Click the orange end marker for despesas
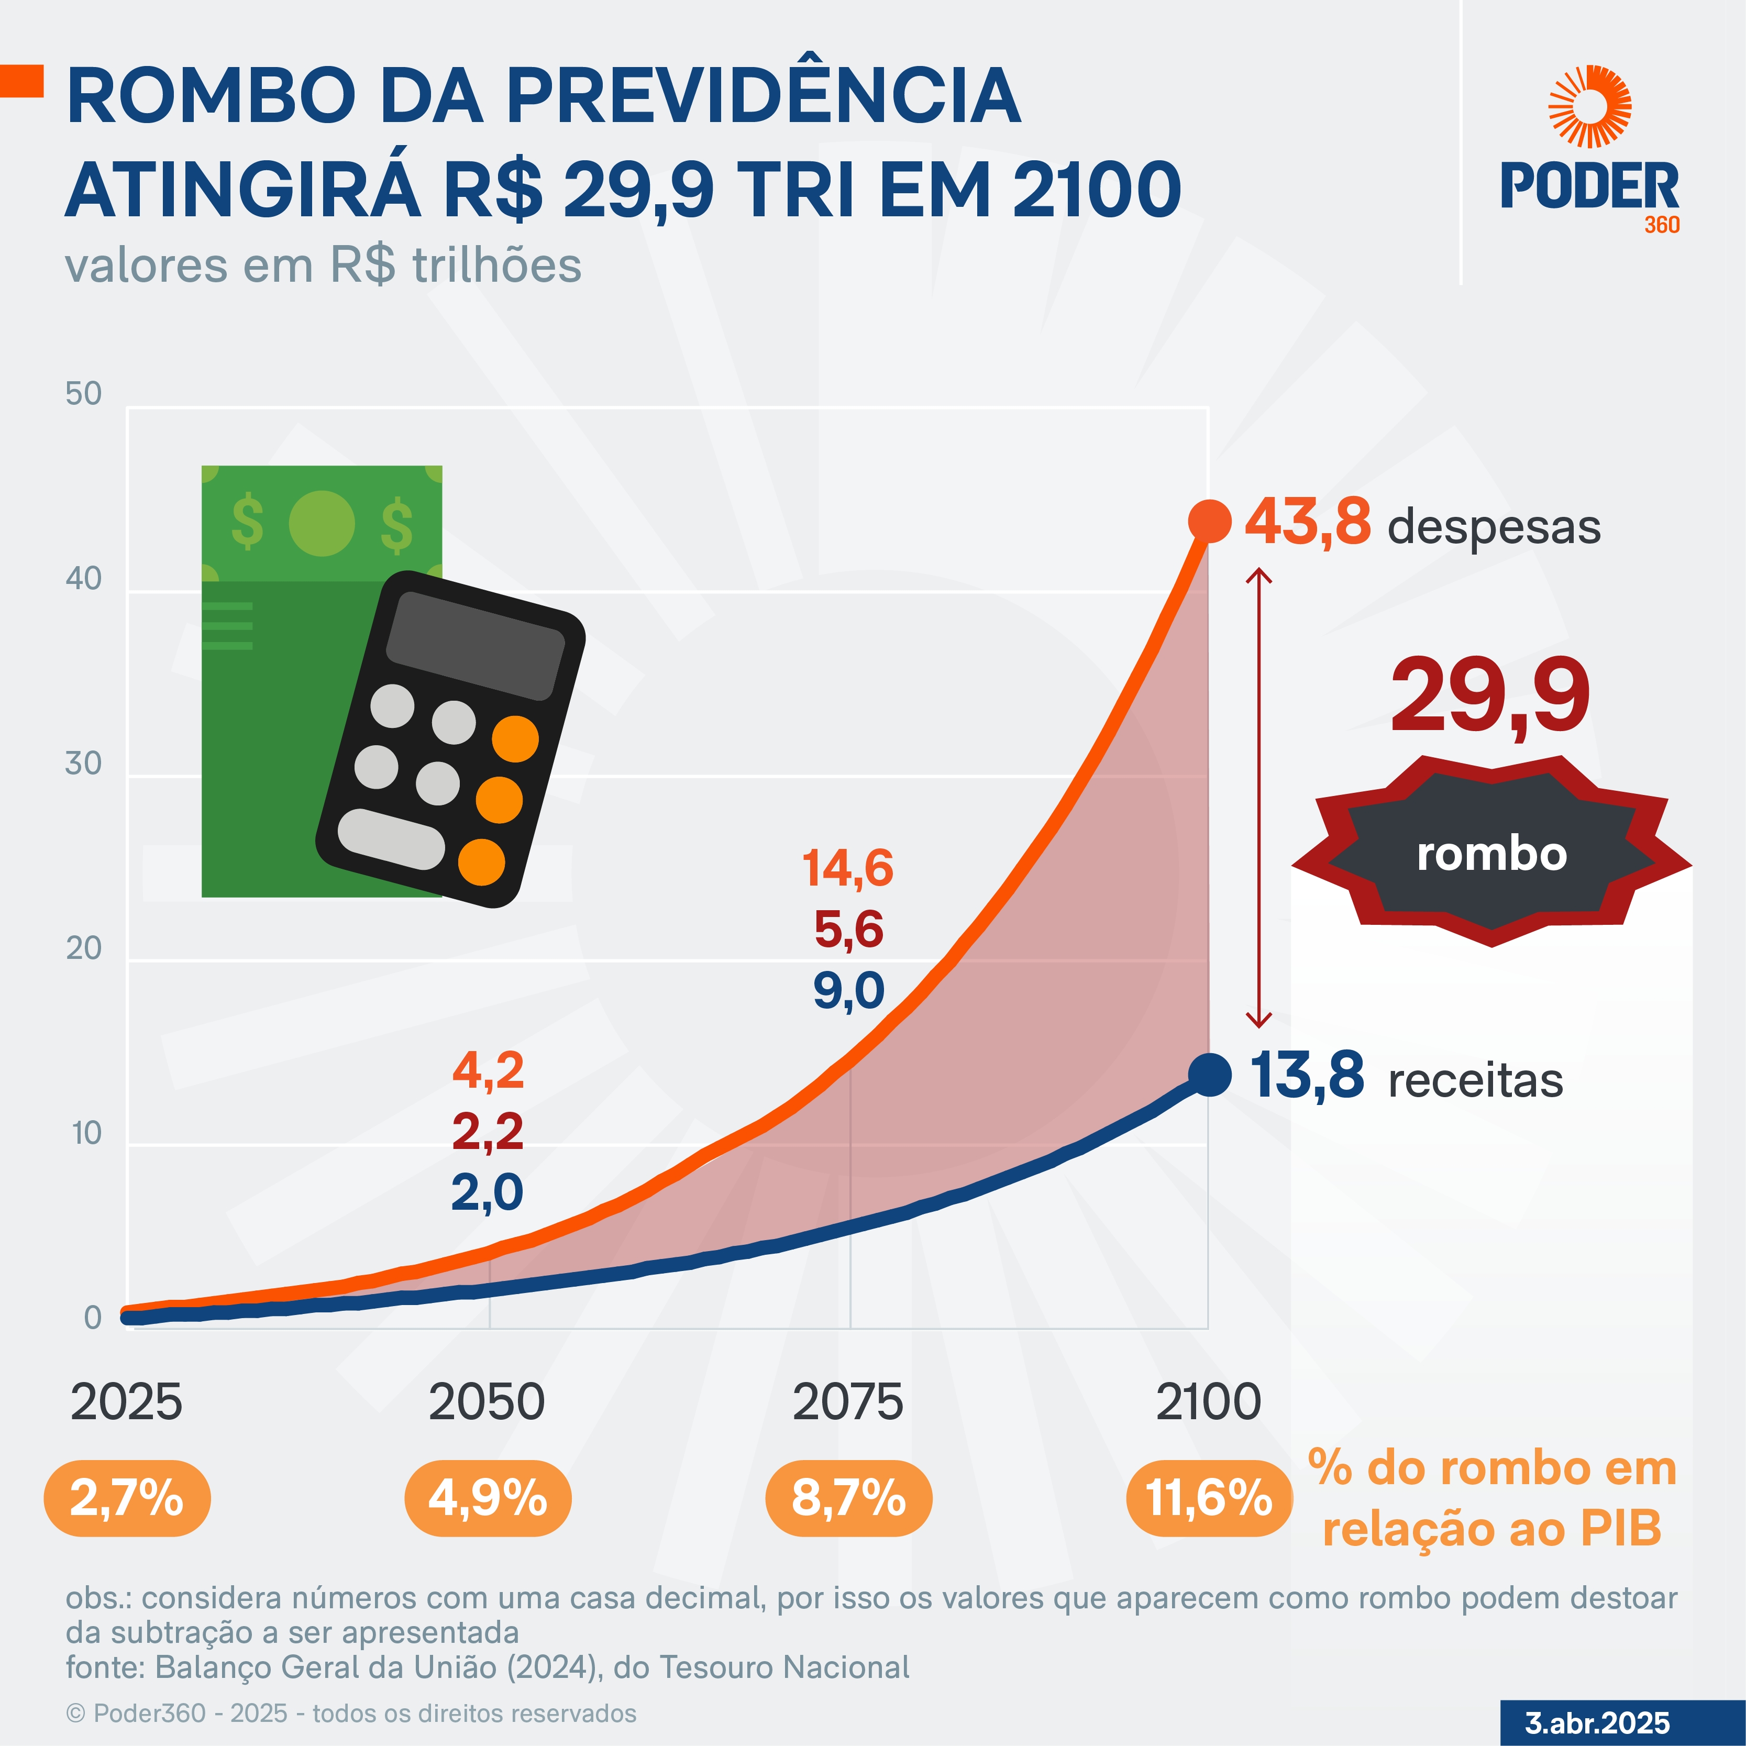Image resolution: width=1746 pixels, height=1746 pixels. click(x=1209, y=522)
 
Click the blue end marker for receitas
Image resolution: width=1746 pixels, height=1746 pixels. click(x=1209, y=1075)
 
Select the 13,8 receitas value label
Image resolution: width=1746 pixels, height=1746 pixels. click(x=1307, y=1076)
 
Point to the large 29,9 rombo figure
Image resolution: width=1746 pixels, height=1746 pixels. click(x=1489, y=696)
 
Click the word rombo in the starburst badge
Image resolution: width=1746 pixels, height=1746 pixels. click(x=1491, y=854)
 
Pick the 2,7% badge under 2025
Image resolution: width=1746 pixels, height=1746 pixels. click(x=127, y=1498)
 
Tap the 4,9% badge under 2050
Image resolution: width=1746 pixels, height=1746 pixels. click(x=488, y=1498)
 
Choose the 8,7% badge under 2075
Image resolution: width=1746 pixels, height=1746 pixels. click(x=848, y=1498)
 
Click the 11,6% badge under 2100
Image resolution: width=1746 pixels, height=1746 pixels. click(x=1209, y=1498)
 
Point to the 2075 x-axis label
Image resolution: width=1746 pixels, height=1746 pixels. click(x=848, y=1402)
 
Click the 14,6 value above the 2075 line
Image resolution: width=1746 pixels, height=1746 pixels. click(x=848, y=868)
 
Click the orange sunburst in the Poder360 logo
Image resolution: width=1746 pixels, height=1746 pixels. click(x=1589, y=107)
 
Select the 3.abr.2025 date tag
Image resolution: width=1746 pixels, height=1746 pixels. click(x=1597, y=1722)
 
